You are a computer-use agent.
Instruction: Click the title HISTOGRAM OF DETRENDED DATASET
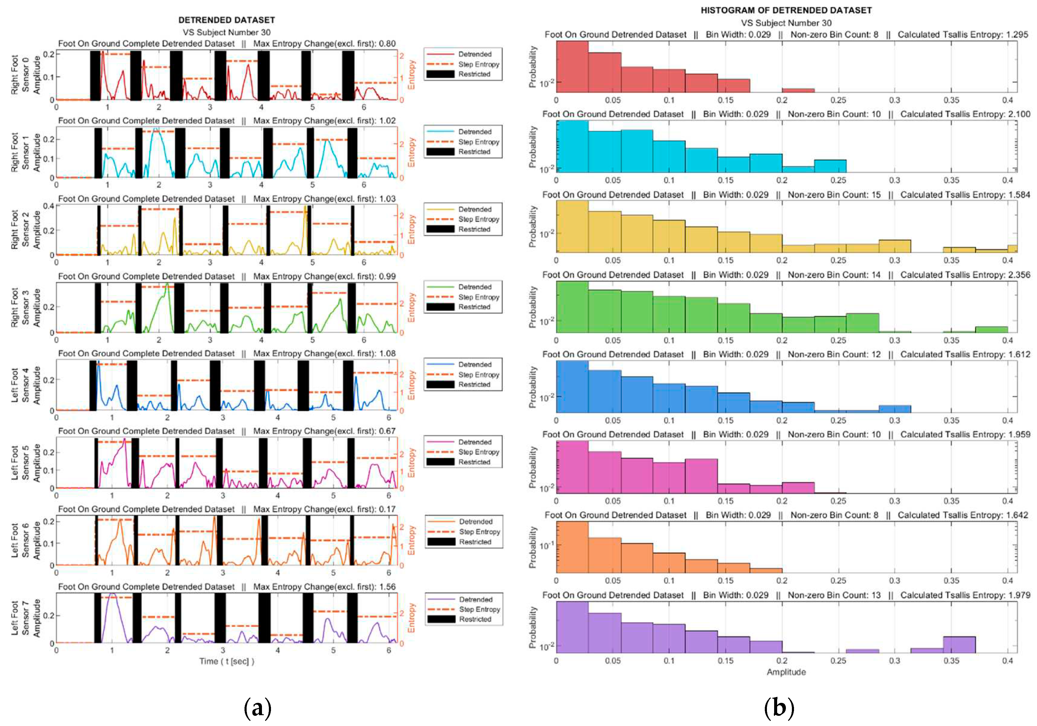point(786,10)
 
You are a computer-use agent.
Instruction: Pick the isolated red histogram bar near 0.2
point(798,90)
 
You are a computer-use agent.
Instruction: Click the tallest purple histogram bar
point(572,627)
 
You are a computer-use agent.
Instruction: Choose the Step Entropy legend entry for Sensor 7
point(479,609)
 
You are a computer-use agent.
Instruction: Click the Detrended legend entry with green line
point(474,287)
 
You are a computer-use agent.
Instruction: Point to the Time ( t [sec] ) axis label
point(227,661)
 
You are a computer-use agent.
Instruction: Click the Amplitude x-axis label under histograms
point(786,672)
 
